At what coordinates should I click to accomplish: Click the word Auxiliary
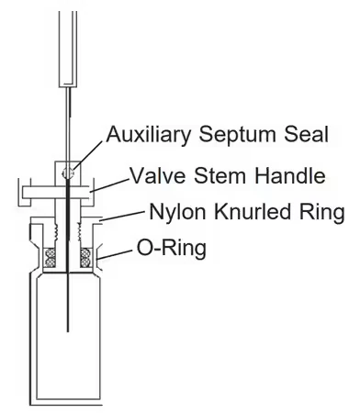[x=149, y=135]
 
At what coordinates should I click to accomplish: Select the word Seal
[x=306, y=134]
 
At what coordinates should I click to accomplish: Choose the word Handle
[x=289, y=175]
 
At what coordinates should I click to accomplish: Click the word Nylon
[x=177, y=212]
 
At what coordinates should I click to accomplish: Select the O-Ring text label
[x=171, y=248]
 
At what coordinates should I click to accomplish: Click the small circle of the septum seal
[x=69, y=173]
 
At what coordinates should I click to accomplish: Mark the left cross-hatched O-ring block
[x=50, y=257]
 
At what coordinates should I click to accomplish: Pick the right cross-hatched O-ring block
[x=86, y=257]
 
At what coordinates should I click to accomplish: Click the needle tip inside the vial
[x=68, y=331]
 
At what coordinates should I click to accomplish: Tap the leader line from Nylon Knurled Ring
[x=122, y=216]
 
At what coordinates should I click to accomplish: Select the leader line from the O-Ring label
[x=115, y=255]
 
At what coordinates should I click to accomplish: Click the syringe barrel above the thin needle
[x=68, y=49]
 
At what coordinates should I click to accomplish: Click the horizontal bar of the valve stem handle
[x=56, y=193]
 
